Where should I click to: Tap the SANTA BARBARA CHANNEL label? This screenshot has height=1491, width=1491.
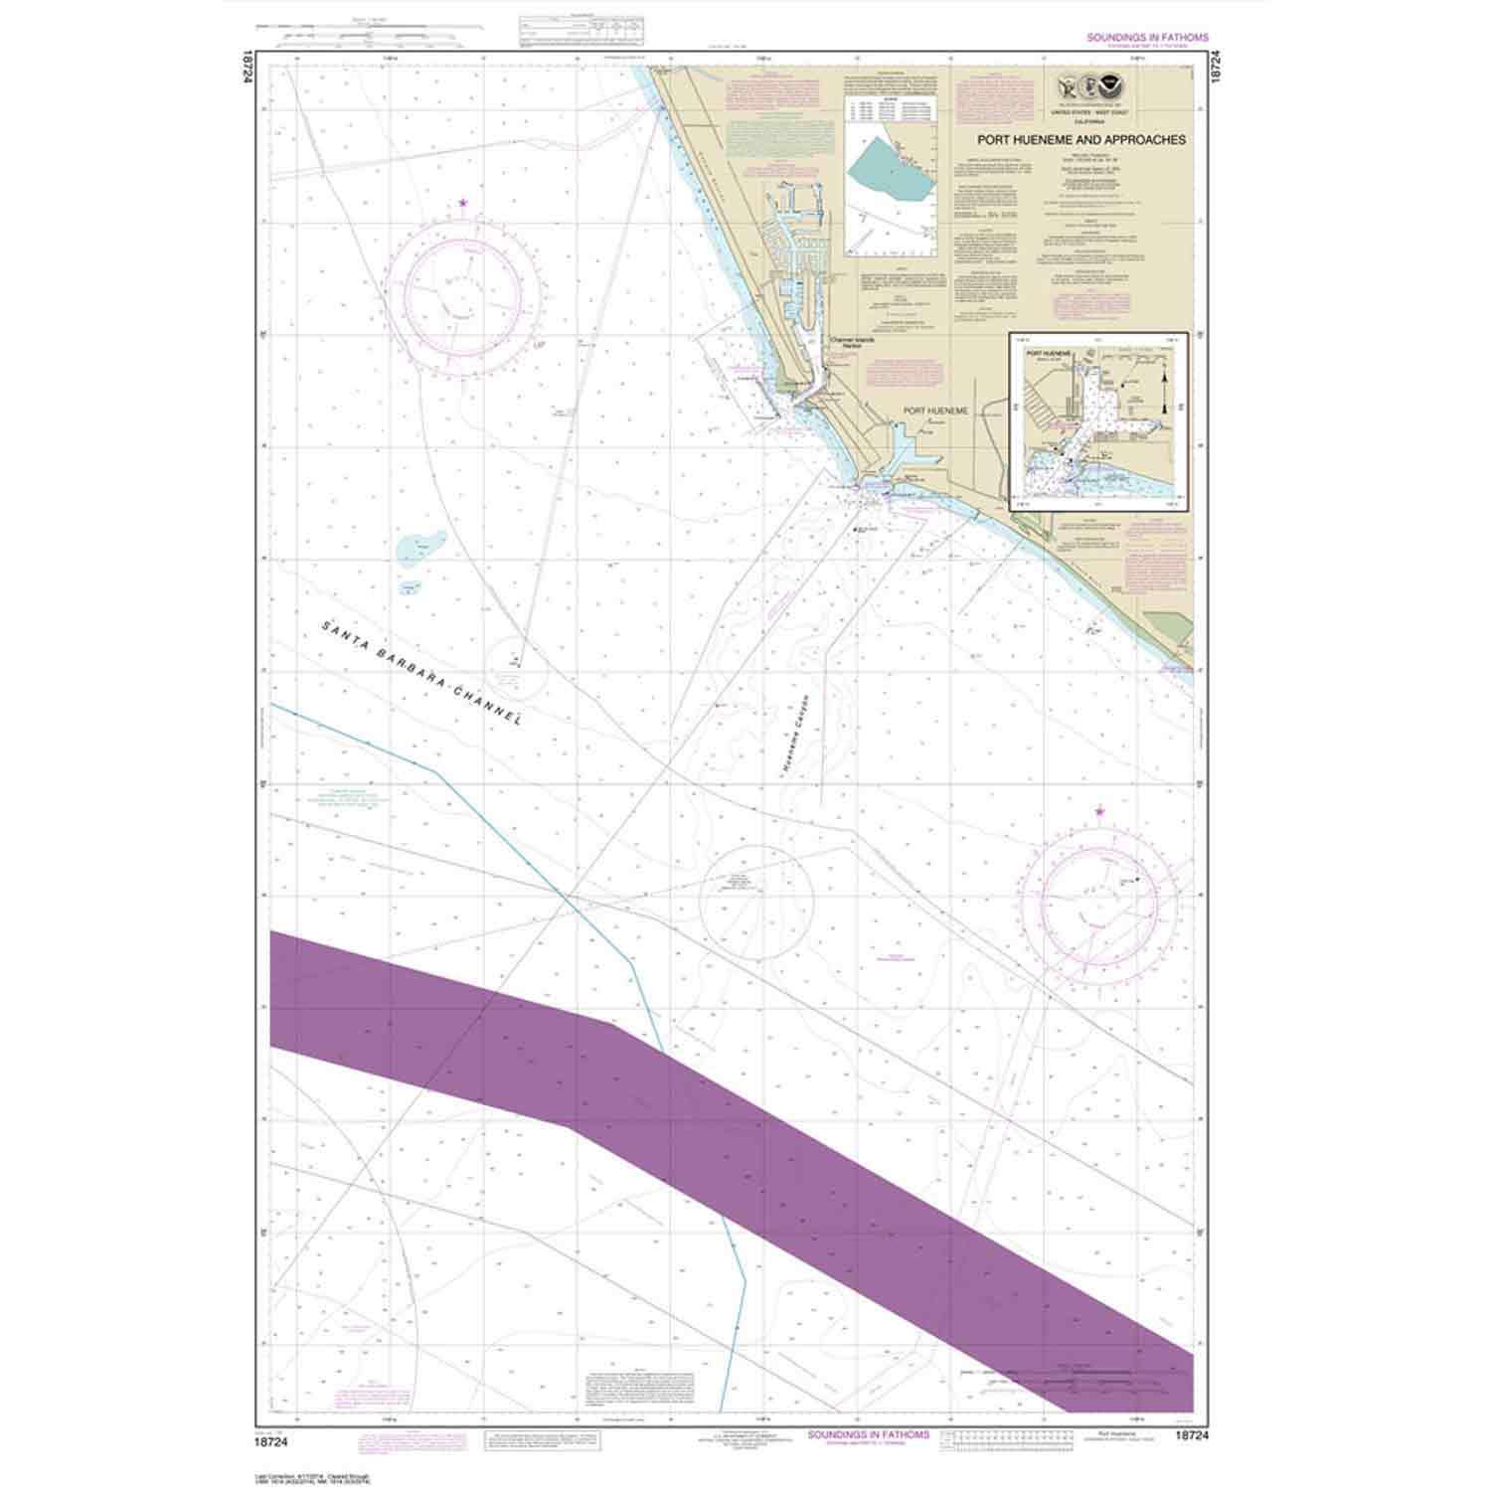tap(421, 671)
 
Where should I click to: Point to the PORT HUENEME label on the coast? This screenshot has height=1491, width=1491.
tap(935, 410)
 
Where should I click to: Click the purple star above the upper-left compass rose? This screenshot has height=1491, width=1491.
tap(463, 205)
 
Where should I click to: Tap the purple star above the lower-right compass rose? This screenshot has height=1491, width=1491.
tap(1099, 812)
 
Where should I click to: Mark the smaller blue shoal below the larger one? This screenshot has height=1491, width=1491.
tap(411, 587)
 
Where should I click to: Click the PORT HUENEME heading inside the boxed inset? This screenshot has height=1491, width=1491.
tap(1051, 352)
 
